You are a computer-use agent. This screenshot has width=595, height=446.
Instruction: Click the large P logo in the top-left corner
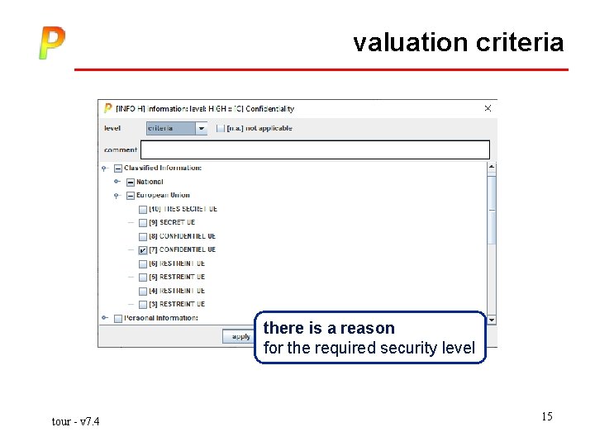click(51, 43)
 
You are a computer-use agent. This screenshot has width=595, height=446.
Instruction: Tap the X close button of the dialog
click(488, 108)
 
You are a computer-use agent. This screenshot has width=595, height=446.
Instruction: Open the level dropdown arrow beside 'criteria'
click(202, 128)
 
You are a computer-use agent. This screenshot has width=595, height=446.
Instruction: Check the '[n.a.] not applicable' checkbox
click(221, 128)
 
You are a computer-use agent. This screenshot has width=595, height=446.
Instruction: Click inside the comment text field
click(315, 149)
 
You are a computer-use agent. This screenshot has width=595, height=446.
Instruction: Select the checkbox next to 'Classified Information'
click(117, 168)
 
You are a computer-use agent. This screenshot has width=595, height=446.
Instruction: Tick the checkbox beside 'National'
click(130, 182)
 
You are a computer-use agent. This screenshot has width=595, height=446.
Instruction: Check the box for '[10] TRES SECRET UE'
click(143, 209)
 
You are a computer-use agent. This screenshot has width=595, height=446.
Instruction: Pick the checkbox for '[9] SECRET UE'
click(143, 223)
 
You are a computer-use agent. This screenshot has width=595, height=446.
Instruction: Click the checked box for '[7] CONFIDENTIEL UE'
click(143, 250)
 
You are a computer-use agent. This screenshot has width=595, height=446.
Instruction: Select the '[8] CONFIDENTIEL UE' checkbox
click(143, 236)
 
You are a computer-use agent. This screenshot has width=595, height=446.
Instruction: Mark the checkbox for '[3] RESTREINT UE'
click(143, 305)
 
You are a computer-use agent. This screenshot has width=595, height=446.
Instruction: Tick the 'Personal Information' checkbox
click(117, 318)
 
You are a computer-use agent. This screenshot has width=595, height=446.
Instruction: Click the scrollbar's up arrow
click(492, 167)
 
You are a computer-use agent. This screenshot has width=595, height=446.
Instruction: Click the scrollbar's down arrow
click(492, 320)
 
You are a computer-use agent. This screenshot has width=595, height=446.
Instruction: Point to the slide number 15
click(547, 416)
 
